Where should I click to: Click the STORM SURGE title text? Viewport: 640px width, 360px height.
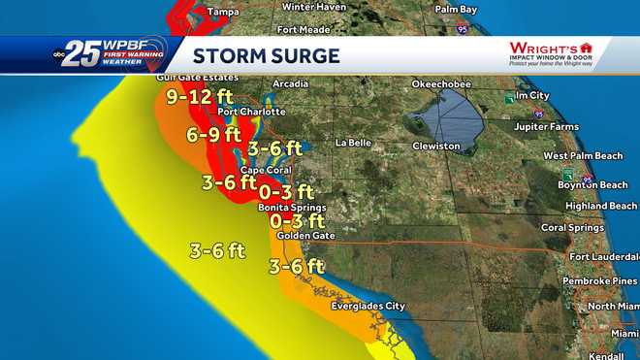(x=266, y=54)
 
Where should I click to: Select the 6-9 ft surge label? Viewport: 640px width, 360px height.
(x=214, y=135)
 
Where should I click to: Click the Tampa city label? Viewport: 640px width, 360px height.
(x=223, y=12)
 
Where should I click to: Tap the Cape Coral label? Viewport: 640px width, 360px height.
(x=260, y=170)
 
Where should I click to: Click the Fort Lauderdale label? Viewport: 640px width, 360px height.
(x=604, y=256)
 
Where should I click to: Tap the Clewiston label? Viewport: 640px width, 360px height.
(x=436, y=146)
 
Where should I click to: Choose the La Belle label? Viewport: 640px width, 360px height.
(x=354, y=143)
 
